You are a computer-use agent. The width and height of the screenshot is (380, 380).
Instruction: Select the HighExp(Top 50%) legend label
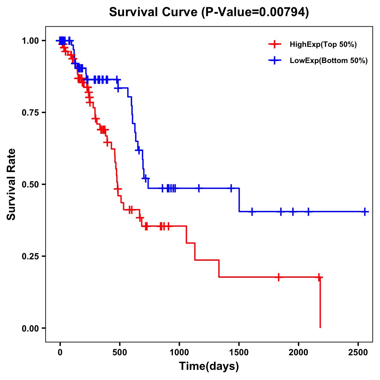click(323, 45)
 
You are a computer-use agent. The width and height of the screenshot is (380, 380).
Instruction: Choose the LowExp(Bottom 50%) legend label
click(329, 61)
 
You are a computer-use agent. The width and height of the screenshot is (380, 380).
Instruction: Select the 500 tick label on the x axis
click(120, 353)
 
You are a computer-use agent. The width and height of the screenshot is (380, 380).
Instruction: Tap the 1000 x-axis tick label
click(179, 353)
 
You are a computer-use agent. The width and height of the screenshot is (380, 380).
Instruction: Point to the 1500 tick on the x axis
click(239, 353)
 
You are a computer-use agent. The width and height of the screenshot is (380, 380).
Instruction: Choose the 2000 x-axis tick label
click(299, 353)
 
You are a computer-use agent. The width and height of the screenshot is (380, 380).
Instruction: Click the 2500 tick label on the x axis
click(358, 353)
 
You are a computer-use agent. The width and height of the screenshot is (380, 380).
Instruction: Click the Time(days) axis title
click(209, 366)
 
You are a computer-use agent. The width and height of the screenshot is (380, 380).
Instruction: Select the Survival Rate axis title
click(12, 184)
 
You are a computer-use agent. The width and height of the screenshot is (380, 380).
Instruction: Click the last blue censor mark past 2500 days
click(365, 212)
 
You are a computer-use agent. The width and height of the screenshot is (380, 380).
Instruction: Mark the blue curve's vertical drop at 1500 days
click(239, 200)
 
